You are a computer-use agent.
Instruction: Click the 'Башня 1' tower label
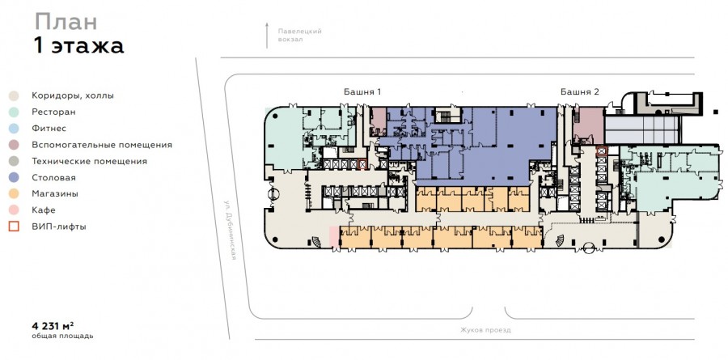click(362, 92)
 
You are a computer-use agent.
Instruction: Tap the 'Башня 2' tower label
click(579, 92)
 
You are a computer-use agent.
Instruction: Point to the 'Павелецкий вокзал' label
click(299, 36)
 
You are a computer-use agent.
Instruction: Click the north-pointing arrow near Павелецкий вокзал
click(267, 36)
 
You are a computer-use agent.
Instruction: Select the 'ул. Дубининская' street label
click(231, 230)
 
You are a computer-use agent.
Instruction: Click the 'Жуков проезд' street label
click(485, 330)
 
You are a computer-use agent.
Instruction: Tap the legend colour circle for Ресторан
click(14, 112)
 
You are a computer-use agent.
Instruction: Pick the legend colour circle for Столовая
click(14, 177)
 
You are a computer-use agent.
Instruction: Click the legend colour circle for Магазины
click(14, 193)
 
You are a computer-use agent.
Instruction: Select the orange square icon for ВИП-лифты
click(14, 227)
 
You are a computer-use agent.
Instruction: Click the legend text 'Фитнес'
click(49, 128)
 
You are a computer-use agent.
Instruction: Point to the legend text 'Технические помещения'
click(89, 161)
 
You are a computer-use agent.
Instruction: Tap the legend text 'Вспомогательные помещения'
click(102, 145)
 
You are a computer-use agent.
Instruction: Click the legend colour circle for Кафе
click(14, 210)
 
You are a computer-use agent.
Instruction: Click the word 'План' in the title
click(66, 23)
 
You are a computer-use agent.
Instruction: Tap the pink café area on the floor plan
click(334, 236)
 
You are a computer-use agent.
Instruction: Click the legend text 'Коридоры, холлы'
click(73, 96)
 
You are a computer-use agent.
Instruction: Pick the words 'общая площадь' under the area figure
click(62, 336)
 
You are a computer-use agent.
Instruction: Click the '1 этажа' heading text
click(78, 46)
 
